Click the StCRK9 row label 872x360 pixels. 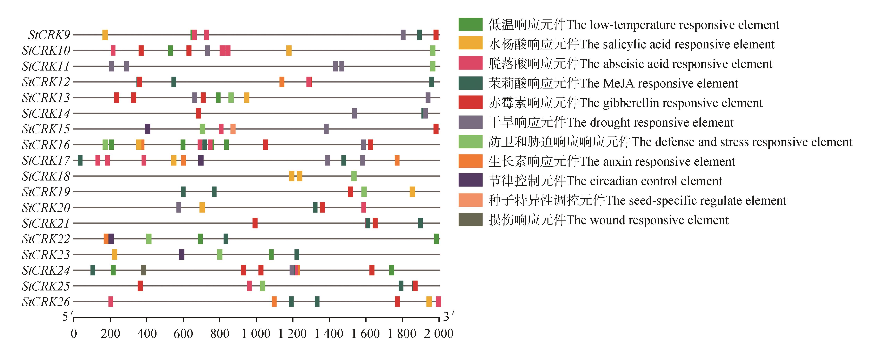click(x=49, y=35)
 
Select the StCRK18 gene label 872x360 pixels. click(x=46, y=176)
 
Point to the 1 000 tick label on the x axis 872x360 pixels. click(x=256, y=334)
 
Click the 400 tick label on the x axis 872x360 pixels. click(x=147, y=334)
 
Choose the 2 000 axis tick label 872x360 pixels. click(x=439, y=334)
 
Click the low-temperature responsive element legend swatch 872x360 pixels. click(x=470, y=25)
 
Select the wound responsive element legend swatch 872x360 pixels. click(x=470, y=220)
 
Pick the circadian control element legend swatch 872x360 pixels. click(x=470, y=180)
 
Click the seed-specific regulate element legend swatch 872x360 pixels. click(x=470, y=200)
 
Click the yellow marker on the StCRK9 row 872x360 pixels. click(x=105, y=35)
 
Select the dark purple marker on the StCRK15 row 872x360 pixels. click(x=148, y=129)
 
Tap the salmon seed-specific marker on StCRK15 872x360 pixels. click(x=233, y=129)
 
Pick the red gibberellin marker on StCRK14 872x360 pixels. click(x=198, y=113)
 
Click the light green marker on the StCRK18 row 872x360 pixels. click(x=354, y=176)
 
